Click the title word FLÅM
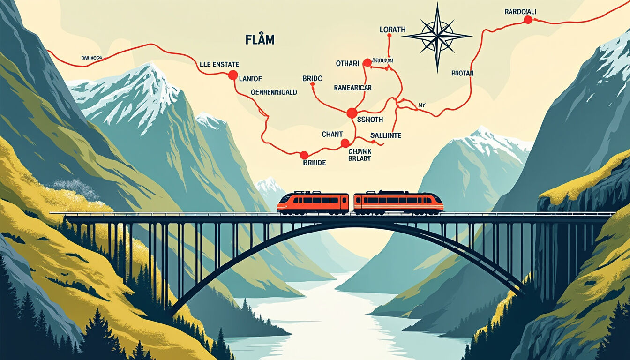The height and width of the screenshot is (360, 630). click(x=260, y=40)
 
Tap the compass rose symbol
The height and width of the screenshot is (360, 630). click(x=437, y=36)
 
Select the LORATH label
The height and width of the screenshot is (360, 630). click(x=392, y=30)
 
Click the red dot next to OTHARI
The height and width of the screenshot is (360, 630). click(x=367, y=62)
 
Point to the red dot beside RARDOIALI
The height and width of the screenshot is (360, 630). click(x=528, y=20)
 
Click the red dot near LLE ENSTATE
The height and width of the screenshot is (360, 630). click(x=233, y=75)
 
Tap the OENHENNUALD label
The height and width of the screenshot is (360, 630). click(x=274, y=92)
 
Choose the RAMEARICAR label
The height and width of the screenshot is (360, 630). click(x=352, y=88)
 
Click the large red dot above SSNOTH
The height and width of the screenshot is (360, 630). click(x=352, y=113)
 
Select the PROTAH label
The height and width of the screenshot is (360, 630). click(x=463, y=73)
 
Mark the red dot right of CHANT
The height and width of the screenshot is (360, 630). click(x=345, y=143)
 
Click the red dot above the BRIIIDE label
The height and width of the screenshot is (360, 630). click(x=304, y=155)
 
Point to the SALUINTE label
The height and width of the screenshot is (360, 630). click(x=386, y=135)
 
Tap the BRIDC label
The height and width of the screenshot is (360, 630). click(x=312, y=79)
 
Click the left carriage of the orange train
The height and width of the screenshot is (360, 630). click(x=313, y=203)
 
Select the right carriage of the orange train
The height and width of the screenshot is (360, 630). click(x=398, y=202)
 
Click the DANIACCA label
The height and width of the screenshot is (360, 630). click(x=91, y=58)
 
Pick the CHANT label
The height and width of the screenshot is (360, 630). click(x=332, y=135)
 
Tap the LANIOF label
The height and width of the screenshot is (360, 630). click(x=250, y=79)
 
